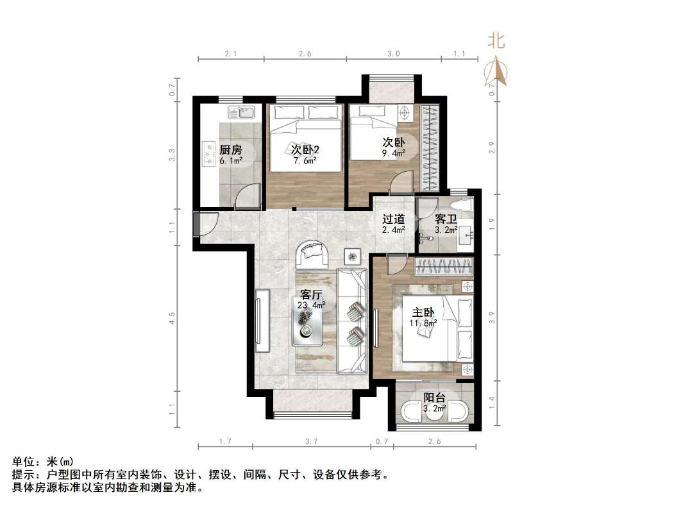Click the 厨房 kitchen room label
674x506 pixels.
tap(231, 149)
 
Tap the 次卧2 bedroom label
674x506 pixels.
tap(305, 149)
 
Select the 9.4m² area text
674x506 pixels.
tap(394, 153)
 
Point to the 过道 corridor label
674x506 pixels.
tap(393, 219)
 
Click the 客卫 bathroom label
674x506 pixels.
tap(446, 219)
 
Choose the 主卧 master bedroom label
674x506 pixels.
tap(423, 312)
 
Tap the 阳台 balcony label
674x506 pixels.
tap(435, 398)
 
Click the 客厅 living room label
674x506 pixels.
tap(311, 295)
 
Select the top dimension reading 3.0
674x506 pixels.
tap(394, 55)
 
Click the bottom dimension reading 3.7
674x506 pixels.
tap(312, 441)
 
